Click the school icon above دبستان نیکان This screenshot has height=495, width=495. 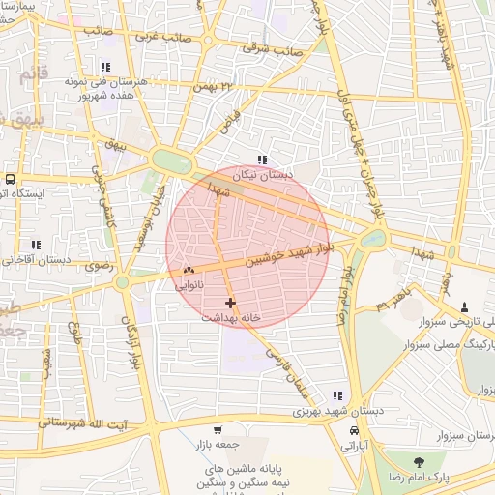[261, 160]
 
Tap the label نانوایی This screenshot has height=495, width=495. [189, 285]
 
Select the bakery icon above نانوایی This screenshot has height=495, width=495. [189, 271]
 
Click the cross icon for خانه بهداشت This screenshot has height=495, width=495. [229, 303]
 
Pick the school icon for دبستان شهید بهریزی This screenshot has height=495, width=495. [337, 395]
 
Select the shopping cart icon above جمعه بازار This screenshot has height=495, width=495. [218, 429]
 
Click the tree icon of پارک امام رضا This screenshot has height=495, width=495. [418, 463]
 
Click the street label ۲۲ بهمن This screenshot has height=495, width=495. [214, 88]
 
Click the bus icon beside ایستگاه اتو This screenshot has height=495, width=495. [10, 179]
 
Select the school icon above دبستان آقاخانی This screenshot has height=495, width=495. [37, 245]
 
